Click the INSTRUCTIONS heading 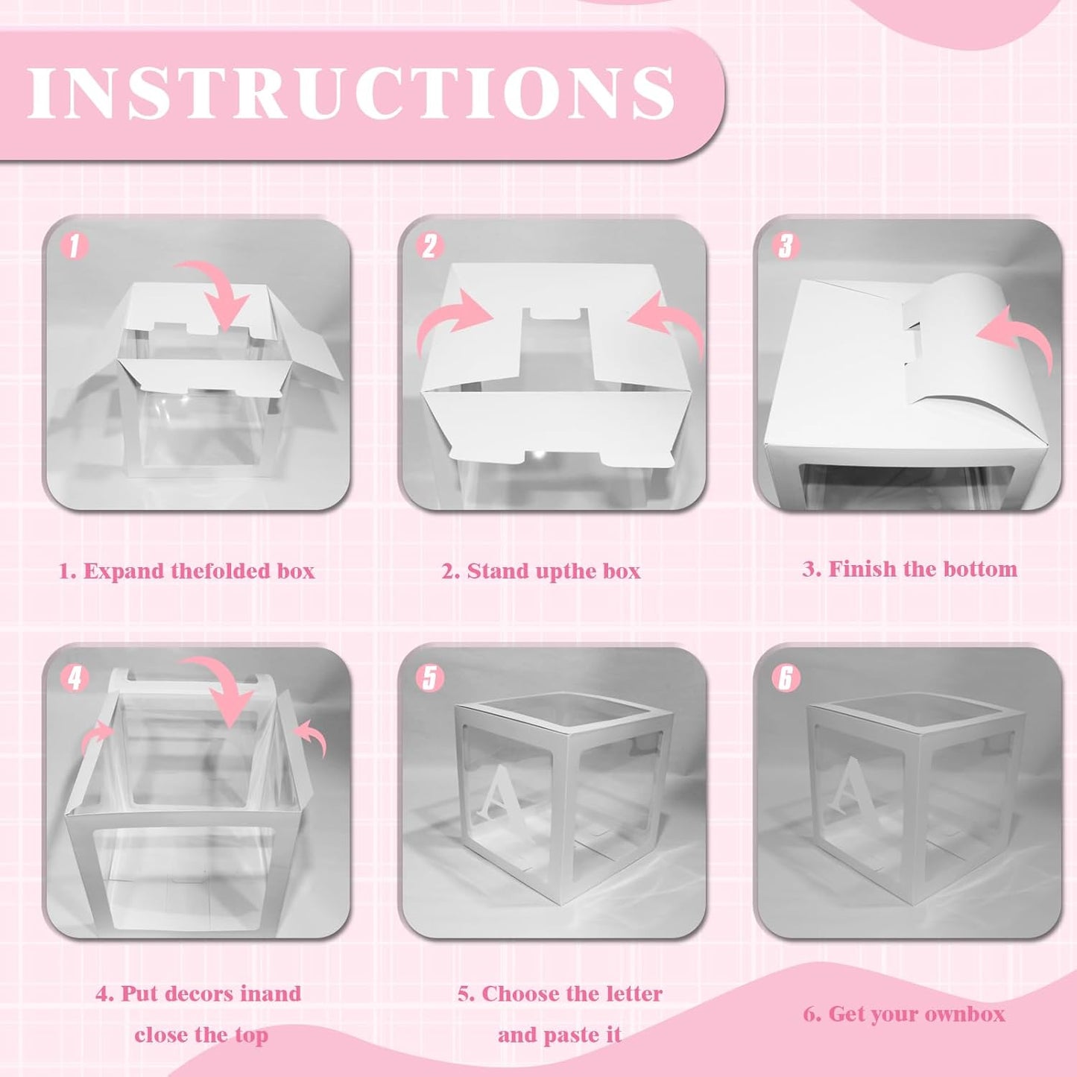(x=352, y=92)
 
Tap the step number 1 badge (x=75, y=246)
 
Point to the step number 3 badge (x=786, y=246)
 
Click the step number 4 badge (x=75, y=678)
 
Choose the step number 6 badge (x=786, y=678)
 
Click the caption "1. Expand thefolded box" (x=187, y=572)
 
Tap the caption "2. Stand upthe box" (x=541, y=572)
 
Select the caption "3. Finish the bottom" (x=910, y=569)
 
